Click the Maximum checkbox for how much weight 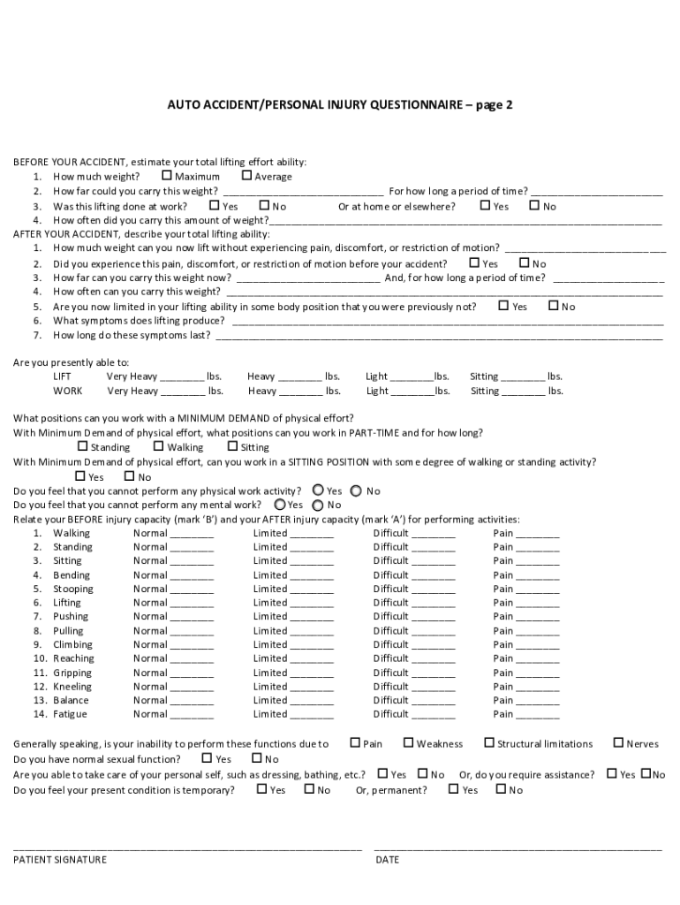(167, 176)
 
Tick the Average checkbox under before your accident (246, 176)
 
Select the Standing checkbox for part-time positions (83, 446)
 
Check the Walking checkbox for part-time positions (159, 446)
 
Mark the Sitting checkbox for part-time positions (232, 446)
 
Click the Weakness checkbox (409, 743)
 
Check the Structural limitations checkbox (489, 743)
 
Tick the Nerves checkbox (618, 743)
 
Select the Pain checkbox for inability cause (355, 743)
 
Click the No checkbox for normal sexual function (257, 758)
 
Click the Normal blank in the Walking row (192, 534)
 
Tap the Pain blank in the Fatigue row (538, 715)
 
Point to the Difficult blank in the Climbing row (434, 645)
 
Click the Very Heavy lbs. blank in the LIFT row (183, 376)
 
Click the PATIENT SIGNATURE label (60, 859)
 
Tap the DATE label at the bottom (387, 859)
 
